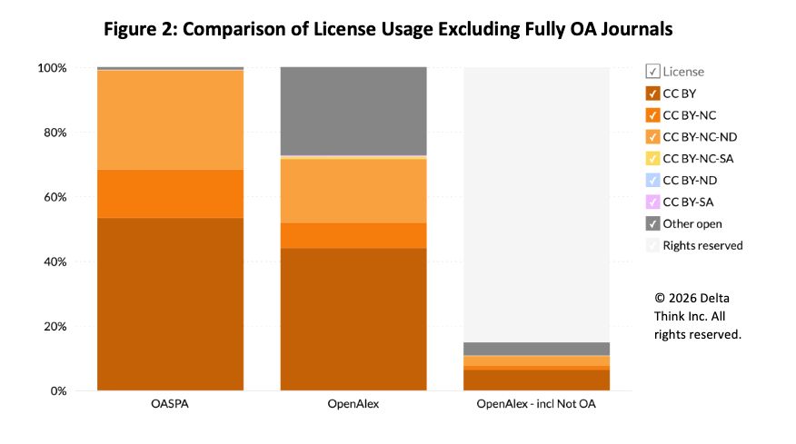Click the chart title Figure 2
[388, 29]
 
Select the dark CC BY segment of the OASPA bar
[170, 304]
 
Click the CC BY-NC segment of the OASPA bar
[170, 193]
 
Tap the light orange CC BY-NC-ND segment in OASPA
[170, 120]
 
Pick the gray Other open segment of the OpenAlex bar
[353, 111]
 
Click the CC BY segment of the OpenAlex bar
[353, 320]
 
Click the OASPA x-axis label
[170, 403]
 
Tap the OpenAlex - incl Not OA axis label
[536, 403]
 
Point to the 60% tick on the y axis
[52, 197]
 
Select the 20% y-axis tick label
[52, 327]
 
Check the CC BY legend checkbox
[652, 93]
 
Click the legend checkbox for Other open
[652, 223]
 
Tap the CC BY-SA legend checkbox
[652, 202]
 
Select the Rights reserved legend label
[702, 245]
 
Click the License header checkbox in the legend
[652, 71]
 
